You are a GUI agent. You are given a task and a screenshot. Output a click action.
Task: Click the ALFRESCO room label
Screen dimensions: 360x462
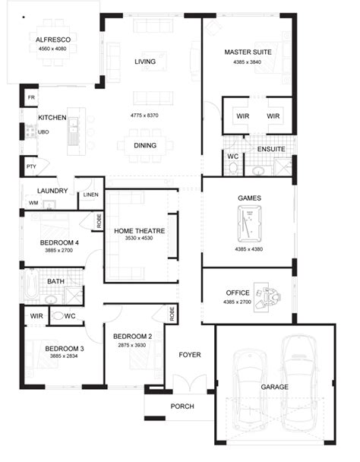[53, 40]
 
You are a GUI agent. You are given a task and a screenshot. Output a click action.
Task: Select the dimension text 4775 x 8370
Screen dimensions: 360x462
[144, 115]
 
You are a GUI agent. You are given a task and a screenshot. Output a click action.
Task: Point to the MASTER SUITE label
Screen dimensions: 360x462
[248, 52]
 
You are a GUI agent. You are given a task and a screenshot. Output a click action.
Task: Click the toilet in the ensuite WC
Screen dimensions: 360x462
[233, 169]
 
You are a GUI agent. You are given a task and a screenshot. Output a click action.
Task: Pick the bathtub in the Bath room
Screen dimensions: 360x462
[31, 284]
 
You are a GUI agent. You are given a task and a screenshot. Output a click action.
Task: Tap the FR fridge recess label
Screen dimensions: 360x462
[31, 97]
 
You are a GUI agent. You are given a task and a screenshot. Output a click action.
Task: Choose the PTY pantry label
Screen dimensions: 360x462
[31, 166]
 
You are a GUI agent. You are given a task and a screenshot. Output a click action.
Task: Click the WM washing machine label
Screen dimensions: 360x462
[33, 203]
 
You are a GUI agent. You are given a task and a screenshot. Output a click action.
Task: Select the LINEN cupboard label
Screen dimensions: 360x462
[90, 195]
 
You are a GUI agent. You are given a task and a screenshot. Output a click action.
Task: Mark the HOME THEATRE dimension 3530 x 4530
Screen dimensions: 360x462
[139, 238]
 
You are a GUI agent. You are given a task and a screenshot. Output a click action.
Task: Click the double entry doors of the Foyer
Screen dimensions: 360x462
[190, 382]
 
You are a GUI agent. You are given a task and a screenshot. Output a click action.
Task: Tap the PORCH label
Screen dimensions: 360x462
[182, 407]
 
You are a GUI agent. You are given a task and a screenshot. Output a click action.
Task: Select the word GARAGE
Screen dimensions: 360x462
[275, 387]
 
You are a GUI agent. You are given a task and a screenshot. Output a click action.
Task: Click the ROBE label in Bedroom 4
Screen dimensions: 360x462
[99, 220]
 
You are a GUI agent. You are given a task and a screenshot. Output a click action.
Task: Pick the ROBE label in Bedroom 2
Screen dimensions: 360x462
[172, 314]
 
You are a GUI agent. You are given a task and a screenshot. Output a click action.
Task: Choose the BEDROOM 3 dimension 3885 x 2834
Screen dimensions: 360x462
[64, 356]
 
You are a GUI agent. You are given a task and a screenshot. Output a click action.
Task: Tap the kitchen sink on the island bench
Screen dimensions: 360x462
[73, 125]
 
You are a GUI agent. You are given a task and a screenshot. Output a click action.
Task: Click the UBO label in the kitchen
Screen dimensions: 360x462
[43, 132]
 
